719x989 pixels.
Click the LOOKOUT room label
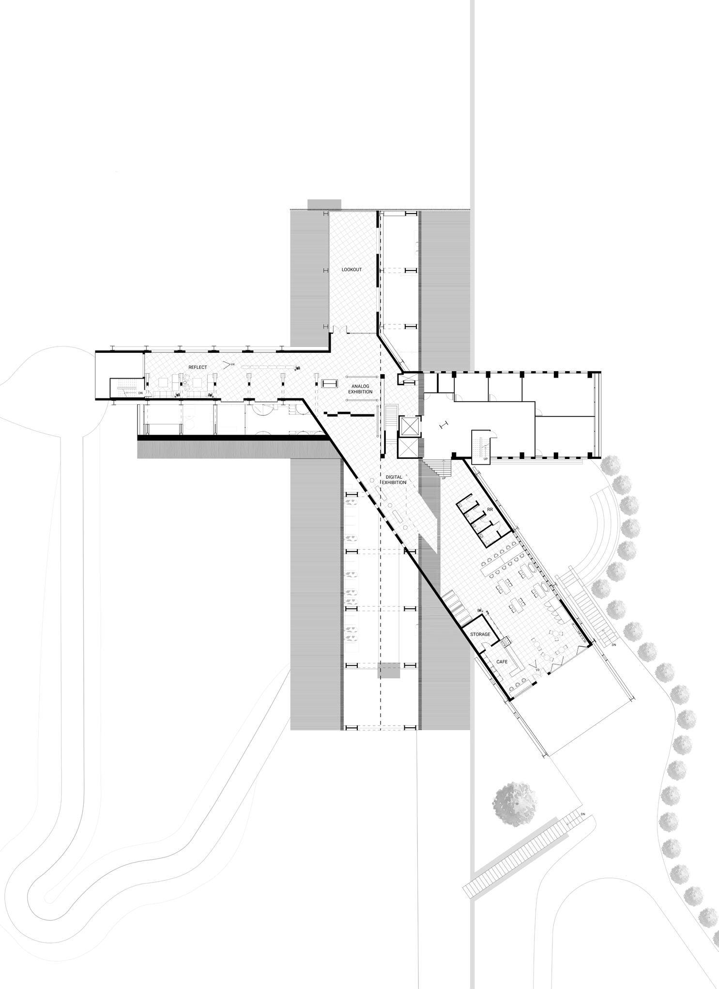[x=352, y=270]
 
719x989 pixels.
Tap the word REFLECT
[x=198, y=367]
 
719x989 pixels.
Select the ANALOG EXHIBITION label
[x=362, y=389]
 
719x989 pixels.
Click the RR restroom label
[x=490, y=510]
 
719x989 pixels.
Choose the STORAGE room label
[x=480, y=634]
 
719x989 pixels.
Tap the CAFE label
[x=501, y=661]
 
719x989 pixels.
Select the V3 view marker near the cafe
[x=536, y=669]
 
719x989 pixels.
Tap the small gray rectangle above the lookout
[x=324, y=204]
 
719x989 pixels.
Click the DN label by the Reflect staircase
[x=140, y=393]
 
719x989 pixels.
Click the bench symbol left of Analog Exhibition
[x=330, y=383]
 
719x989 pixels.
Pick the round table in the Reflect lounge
[x=184, y=383]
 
